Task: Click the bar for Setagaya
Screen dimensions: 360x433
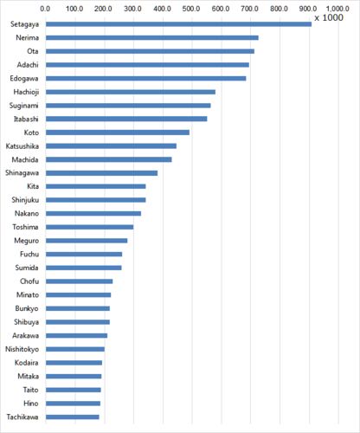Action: (x=178, y=24)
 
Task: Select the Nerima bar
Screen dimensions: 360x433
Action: (x=152, y=38)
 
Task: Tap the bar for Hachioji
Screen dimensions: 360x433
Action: (x=131, y=92)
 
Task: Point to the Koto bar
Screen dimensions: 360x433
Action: (x=118, y=132)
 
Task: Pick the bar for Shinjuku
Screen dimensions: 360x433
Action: (x=96, y=200)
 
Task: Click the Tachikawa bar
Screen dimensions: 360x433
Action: (x=73, y=417)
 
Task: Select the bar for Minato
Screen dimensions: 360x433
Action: (x=78, y=295)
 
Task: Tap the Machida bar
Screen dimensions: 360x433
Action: (x=109, y=159)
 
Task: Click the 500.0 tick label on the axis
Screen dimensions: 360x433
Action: (x=191, y=9)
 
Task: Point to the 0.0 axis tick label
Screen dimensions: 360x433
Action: (x=45, y=9)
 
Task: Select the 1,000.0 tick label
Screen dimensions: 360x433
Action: (x=337, y=9)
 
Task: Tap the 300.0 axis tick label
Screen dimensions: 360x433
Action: (x=132, y=9)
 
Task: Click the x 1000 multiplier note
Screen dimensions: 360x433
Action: (x=329, y=18)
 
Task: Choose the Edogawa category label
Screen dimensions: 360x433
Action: (x=24, y=79)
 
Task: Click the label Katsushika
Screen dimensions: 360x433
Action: (x=22, y=146)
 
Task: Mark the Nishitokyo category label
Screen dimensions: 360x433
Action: (x=22, y=349)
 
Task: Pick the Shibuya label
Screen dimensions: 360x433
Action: (x=27, y=322)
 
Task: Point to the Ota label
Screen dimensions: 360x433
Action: (x=33, y=51)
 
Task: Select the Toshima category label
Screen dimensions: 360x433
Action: (x=25, y=227)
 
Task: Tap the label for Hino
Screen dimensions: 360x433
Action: (x=31, y=404)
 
